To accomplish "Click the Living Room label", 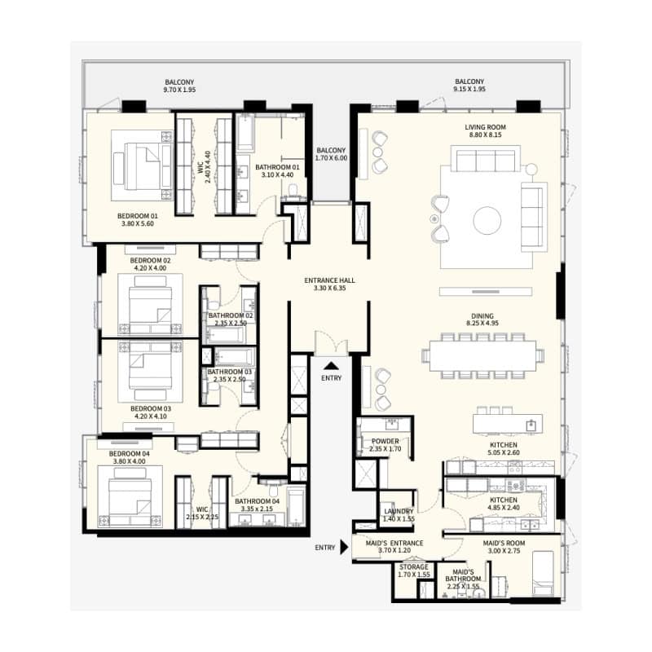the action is pyautogui.click(x=485, y=127).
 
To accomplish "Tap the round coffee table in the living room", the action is pyautogui.click(x=487, y=220).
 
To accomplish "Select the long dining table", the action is pyautogui.click(x=482, y=355).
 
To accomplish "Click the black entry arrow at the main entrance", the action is pyautogui.click(x=331, y=365).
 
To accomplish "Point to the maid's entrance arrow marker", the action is pyautogui.click(x=344, y=547).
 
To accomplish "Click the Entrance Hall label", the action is pyautogui.click(x=330, y=280).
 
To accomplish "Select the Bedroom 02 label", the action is pyautogui.click(x=151, y=260).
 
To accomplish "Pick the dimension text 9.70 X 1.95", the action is pyautogui.click(x=179, y=90).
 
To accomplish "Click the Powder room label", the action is pyautogui.click(x=385, y=441).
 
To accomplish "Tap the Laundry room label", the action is pyautogui.click(x=399, y=511).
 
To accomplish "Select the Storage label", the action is pyautogui.click(x=414, y=566).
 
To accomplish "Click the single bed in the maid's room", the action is pyautogui.click(x=543, y=574).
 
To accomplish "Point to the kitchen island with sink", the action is pyautogui.click(x=507, y=424).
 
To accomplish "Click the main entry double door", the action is pyautogui.click(x=332, y=344).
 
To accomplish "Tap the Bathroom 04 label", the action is pyautogui.click(x=257, y=501).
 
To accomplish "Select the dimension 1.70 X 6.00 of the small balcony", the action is pyautogui.click(x=331, y=158).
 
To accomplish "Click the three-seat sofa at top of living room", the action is pyautogui.click(x=486, y=158).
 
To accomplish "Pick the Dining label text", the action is pyautogui.click(x=482, y=316).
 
